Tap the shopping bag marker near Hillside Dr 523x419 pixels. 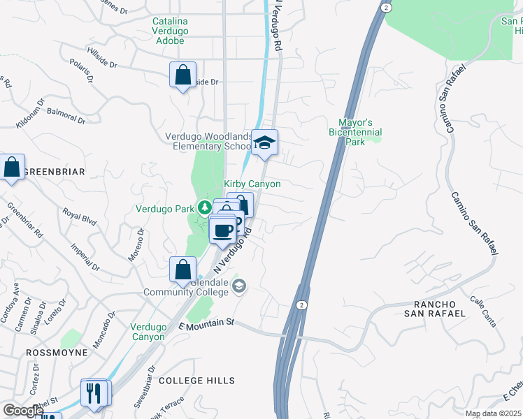coord(182,75)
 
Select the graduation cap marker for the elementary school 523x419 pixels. coord(264,143)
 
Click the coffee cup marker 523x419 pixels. coord(223,230)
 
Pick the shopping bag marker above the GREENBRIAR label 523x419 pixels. coord(12,168)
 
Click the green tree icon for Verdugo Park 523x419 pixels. coord(204,207)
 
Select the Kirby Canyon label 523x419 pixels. coord(252,184)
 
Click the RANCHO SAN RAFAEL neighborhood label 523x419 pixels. coord(439,309)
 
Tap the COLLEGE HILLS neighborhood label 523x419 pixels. coord(194,380)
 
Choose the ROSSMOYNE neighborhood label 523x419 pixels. coord(57,353)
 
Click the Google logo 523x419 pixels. coord(22,411)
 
